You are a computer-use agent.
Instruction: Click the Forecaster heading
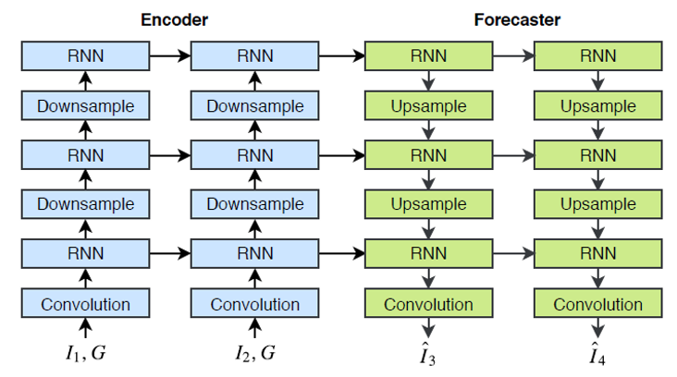click(x=517, y=19)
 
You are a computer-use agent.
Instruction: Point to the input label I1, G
click(x=85, y=353)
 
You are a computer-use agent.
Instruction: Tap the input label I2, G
click(x=254, y=353)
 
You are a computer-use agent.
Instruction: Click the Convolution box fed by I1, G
click(x=85, y=304)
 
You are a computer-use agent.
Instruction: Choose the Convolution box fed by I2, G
click(x=254, y=304)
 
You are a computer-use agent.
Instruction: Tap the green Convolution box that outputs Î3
click(x=428, y=304)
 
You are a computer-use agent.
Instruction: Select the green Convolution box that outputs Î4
click(x=597, y=304)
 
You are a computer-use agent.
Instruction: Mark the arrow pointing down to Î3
click(x=428, y=328)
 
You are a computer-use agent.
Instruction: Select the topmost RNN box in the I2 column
click(x=254, y=55)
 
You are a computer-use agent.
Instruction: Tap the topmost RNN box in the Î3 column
click(x=428, y=55)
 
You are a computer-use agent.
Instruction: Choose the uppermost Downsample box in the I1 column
click(x=85, y=105)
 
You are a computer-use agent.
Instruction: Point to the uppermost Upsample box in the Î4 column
click(x=597, y=105)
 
